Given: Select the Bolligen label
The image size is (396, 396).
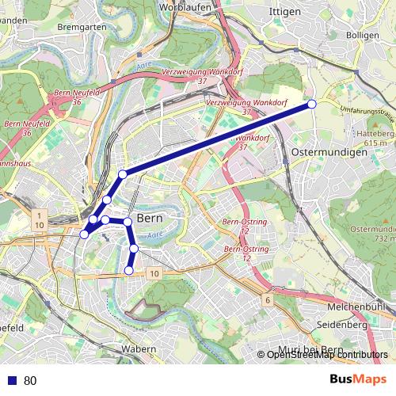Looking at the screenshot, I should click(363, 36).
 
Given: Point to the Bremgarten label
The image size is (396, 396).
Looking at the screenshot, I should click(82, 26).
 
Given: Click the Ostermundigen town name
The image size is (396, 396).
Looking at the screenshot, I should click(329, 151).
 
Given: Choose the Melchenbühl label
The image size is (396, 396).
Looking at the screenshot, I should click(355, 307).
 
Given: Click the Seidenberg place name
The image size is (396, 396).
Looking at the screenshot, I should click(341, 325).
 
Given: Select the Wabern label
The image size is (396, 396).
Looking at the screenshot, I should click(139, 348).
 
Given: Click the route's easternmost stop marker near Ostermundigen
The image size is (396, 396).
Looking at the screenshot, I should click(312, 105).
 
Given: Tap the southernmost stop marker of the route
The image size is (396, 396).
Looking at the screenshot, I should click(129, 271).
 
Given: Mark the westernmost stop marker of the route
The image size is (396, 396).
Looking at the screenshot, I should click(85, 234).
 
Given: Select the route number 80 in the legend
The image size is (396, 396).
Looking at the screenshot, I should click(30, 380).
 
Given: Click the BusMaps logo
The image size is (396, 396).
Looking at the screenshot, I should click(359, 379).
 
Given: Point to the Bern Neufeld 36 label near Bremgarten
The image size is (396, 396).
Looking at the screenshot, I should click(77, 97).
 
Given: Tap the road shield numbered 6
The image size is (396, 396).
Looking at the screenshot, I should click(268, 300).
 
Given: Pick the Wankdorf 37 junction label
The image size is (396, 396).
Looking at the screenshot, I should click(253, 142).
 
